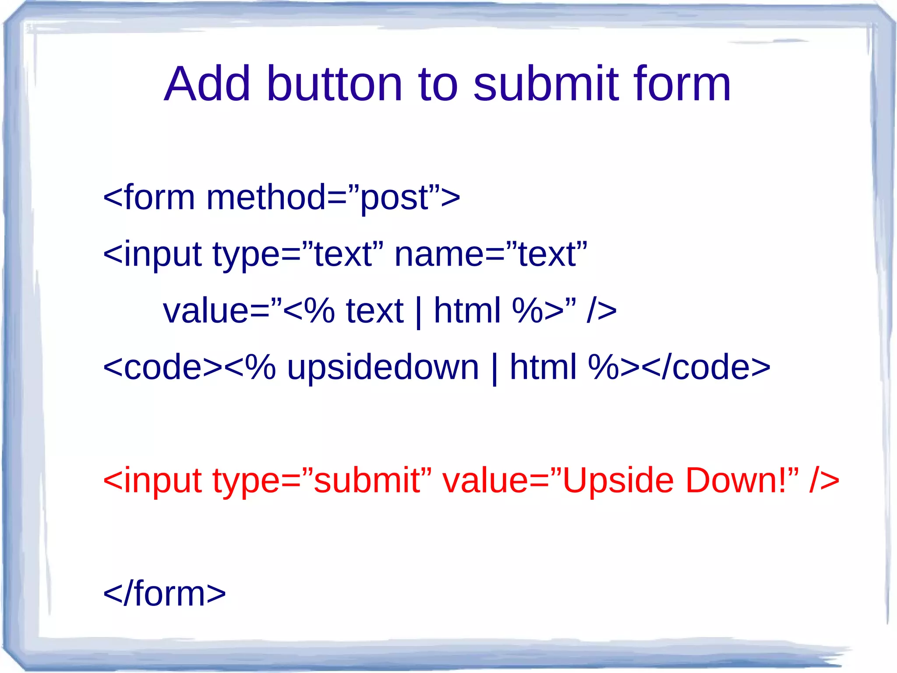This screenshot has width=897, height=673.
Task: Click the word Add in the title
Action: click(207, 84)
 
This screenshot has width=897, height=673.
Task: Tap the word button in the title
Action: click(334, 84)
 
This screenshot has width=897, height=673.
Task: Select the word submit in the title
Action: click(546, 84)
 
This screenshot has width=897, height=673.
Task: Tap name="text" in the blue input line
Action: click(491, 255)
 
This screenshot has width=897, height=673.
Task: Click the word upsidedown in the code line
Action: click(383, 367)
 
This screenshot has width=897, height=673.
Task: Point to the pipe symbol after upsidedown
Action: click(494, 368)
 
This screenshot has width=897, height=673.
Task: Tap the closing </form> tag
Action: click(164, 594)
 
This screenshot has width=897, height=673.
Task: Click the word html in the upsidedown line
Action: click(543, 367)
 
